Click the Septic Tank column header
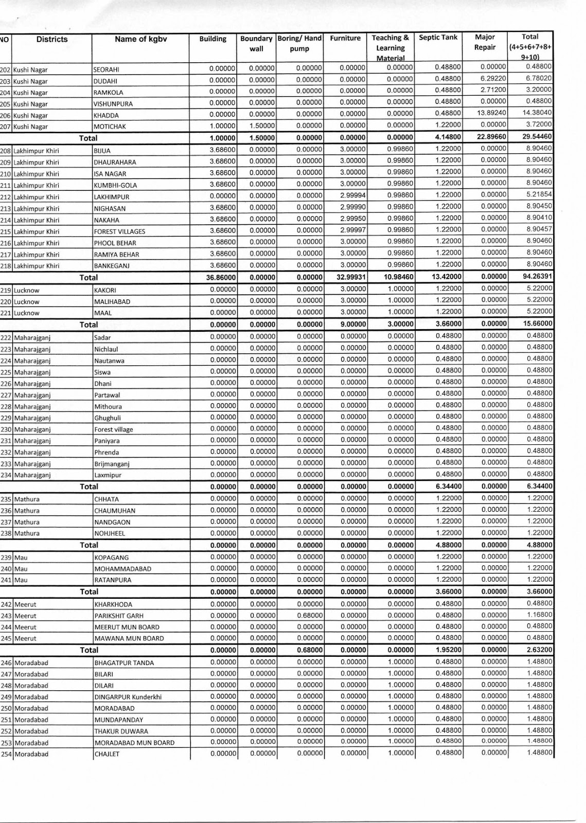pyautogui.click(x=438, y=38)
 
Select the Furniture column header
pyautogui.click(x=345, y=39)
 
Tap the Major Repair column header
pyautogui.click(x=485, y=42)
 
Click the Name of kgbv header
pyautogui.click(x=140, y=39)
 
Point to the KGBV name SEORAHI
pyautogui.click(x=106, y=70)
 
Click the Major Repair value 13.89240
pyautogui.click(x=492, y=113)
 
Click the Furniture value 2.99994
pyautogui.click(x=353, y=195)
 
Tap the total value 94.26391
pyautogui.click(x=538, y=277)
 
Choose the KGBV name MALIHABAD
pyautogui.click(x=112, y=302)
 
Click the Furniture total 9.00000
pyautogui.click(x=353, y=325)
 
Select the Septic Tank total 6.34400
pyautogui.click(x=449, y=486)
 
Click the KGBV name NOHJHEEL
pyautogui.click(x=110, y=533)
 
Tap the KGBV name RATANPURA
pyautogui.click(x=113, y=580)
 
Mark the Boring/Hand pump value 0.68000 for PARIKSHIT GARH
pyautogui.click(x=309, y=615)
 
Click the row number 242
pyautogui.click(x=6, y=604)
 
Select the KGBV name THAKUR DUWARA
pyautogui.click(x=121, y=731)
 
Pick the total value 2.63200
pyautogui.click(x=539, y=650)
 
